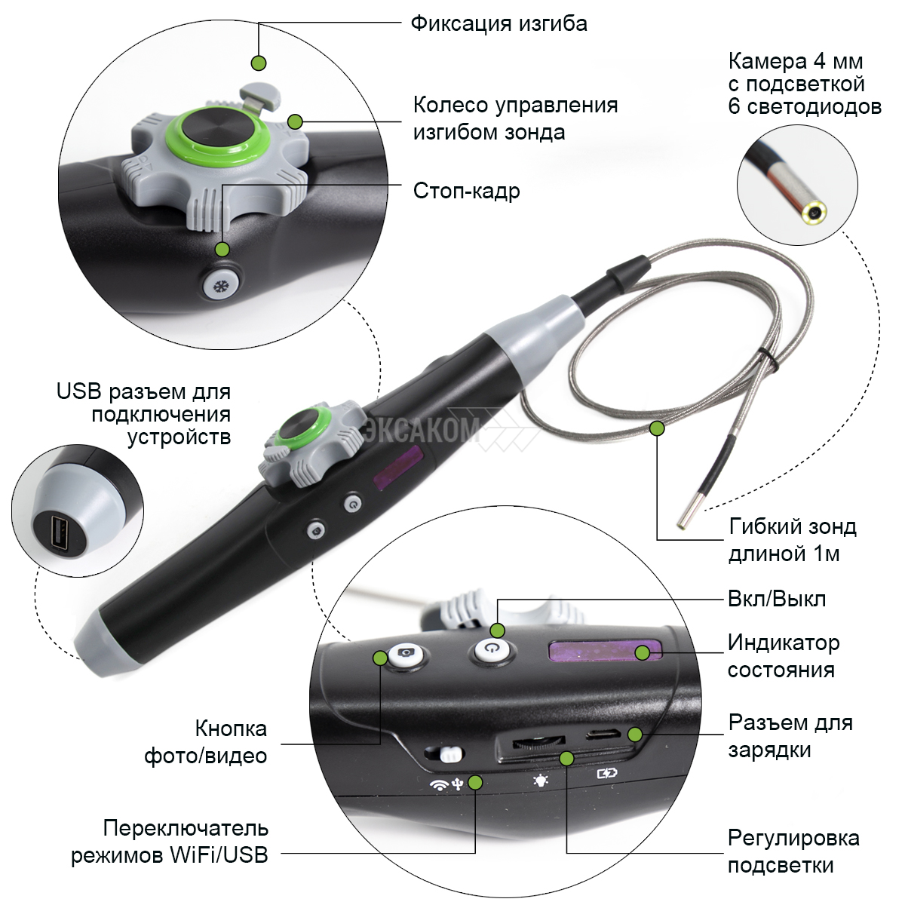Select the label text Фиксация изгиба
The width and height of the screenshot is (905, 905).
point(499,23)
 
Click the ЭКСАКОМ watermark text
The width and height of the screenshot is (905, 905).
point(422,429)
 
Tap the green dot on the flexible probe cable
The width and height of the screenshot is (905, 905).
point(658,428)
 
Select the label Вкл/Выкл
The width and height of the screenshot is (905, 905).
point(776,600)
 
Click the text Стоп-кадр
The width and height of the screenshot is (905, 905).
point(466,191)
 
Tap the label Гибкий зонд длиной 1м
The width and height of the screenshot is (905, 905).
point(793,540)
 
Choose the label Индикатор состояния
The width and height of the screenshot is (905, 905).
point(784,656)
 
